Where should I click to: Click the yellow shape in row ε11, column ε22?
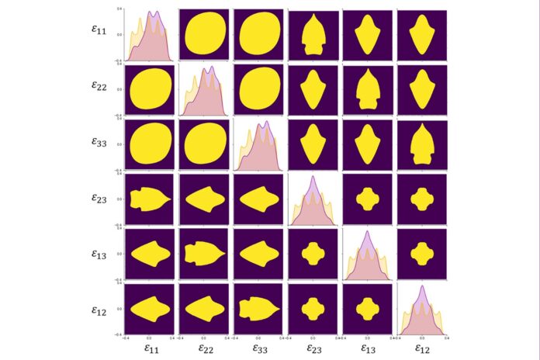pos(204,35)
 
